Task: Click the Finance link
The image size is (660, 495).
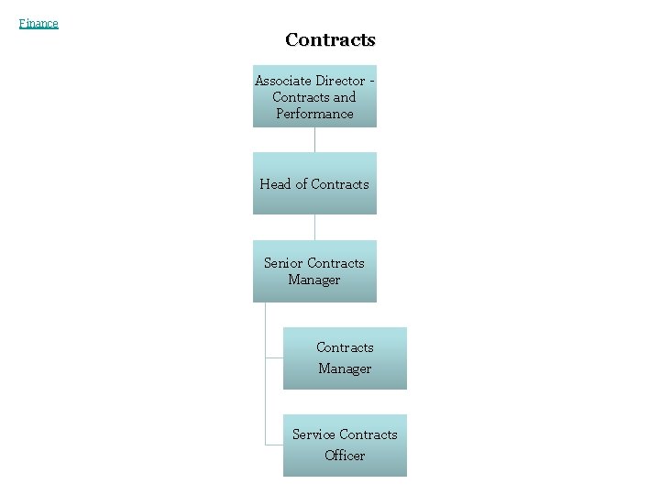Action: [38, 24]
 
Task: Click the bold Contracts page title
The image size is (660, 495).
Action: [330, 39]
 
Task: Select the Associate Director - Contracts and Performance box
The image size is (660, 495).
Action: [314, 96]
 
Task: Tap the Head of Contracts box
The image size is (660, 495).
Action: [314, 183]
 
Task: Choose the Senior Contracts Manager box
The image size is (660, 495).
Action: [314, 271]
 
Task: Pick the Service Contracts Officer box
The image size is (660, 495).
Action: [345, 445]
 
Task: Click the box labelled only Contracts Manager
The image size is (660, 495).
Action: [345, 358]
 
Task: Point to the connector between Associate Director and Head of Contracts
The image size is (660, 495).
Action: [314, 139]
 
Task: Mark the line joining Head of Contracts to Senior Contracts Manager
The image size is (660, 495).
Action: [314, 227]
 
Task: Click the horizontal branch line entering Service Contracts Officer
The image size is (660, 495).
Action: [274, 445]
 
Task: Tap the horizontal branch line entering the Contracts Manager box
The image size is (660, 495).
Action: [274, 358]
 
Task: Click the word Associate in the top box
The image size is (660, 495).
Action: [283, 81]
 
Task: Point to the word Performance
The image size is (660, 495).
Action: [314, 114]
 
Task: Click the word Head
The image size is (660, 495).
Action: [275, 184]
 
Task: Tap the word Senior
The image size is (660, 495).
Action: [283, 263]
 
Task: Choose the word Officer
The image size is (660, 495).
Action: [345, 456]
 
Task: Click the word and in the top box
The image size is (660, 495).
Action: [345, 97]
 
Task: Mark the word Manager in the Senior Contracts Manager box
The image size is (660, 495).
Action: [314, 280]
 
